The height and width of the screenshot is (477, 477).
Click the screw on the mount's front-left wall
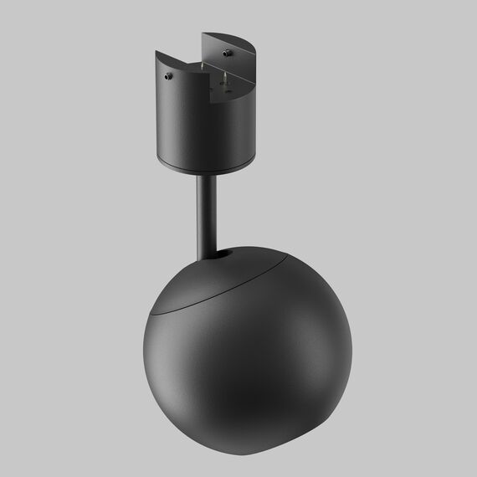point(169,76)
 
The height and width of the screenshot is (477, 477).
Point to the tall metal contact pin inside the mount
point(223,81)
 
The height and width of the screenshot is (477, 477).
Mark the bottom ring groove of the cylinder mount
point(205,167)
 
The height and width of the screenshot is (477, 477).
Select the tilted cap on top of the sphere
point(226,276)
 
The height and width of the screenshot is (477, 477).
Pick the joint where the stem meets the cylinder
point(206,175)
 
